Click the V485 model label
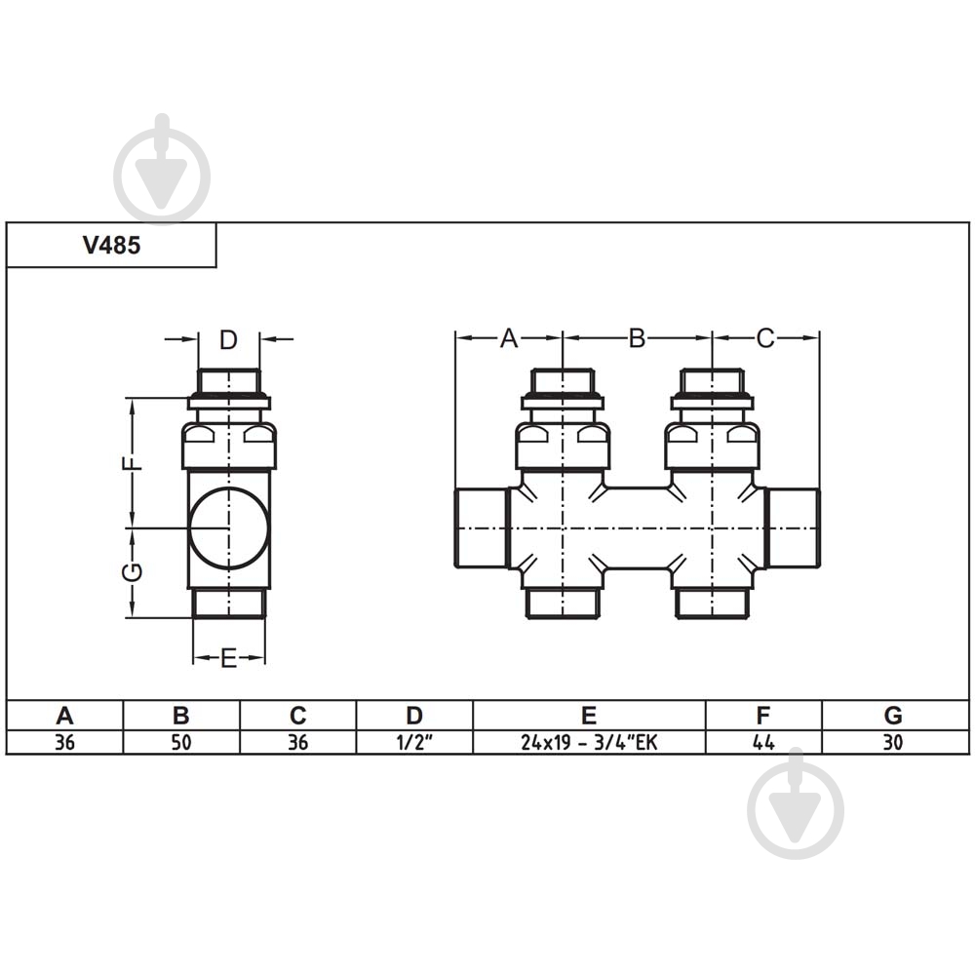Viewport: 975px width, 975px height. (111, 246)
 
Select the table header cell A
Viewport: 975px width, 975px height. (64, 715)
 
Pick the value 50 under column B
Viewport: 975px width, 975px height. (181, 742)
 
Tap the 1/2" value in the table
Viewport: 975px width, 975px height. (414, 742)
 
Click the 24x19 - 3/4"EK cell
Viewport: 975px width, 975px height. (589, 742)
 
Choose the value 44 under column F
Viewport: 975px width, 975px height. (763, 742)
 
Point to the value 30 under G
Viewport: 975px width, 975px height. (892, 742)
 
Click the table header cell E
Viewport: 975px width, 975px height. (589, 715)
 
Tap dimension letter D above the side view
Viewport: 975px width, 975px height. (228, 339)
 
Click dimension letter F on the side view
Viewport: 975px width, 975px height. (133, 463)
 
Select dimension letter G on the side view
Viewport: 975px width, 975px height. (133, 572)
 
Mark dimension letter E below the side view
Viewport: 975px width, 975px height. (228, 659)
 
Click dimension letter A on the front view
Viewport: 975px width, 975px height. (508, 338)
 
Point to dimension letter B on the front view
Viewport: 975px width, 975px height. (637, 338)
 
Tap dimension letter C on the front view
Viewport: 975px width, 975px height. (765, 338)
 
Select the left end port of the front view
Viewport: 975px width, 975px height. (482, 527)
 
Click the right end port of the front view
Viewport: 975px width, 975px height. (793, 527)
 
